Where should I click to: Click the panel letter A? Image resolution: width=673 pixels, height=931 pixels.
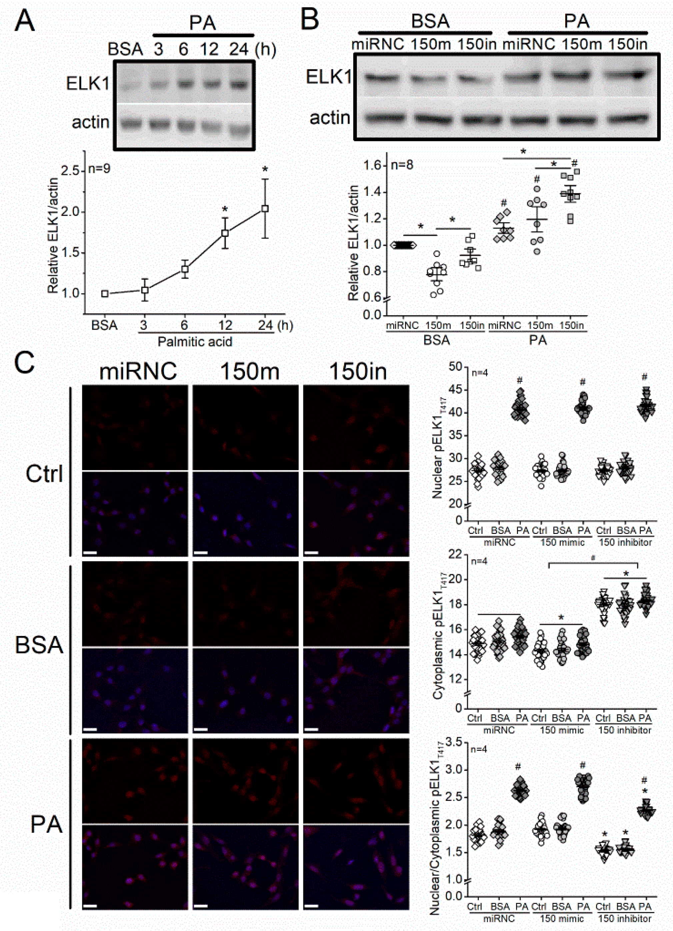click(x=24, y=21)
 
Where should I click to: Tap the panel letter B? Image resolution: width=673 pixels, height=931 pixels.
click(x=310, y=19)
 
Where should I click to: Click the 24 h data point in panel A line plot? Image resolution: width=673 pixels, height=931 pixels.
click(x=265, y=209)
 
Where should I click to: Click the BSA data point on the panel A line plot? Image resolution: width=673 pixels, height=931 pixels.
click(x=105, y=294)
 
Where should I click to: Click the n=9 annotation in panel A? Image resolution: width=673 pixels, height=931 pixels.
click(x=99, y=169)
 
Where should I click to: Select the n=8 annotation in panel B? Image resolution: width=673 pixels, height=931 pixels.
click(x=402, y=165)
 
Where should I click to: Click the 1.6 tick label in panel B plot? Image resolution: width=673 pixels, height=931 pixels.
click(x=372, y=166)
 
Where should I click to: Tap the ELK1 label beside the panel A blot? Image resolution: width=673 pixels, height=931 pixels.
click(x=88, y=84)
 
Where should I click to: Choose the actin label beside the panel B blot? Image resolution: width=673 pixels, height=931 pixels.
click(x=330, y=118)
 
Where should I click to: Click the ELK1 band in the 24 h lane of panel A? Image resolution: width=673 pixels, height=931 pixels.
click(x=239, y=85)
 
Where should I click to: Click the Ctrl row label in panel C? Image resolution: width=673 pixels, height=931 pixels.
click(x=44, y=474)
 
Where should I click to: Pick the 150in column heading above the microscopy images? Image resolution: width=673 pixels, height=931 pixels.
click(x=358, y=371)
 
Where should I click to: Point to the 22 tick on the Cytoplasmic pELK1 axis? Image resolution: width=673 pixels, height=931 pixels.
click(x=455, y=555)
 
